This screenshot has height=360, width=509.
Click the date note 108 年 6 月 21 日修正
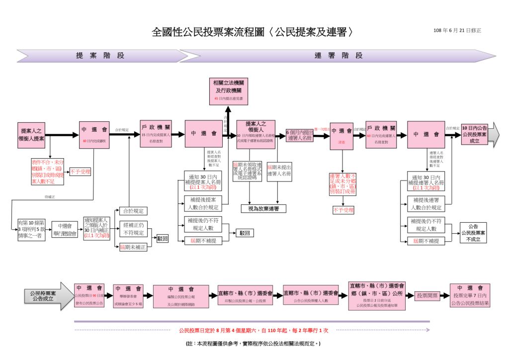pos(457,31)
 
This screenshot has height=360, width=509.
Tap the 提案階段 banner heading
pos(100,56)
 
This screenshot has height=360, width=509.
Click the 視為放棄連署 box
pos(263,208)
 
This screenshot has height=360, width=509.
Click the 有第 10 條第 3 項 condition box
pos(31,230)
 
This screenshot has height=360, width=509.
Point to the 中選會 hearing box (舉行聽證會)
pos(65,230)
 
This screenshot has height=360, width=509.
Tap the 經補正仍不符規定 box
pos(134,229)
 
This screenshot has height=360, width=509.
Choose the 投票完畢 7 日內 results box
pos(470,295)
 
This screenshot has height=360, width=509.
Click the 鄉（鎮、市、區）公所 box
pos(377,295)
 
